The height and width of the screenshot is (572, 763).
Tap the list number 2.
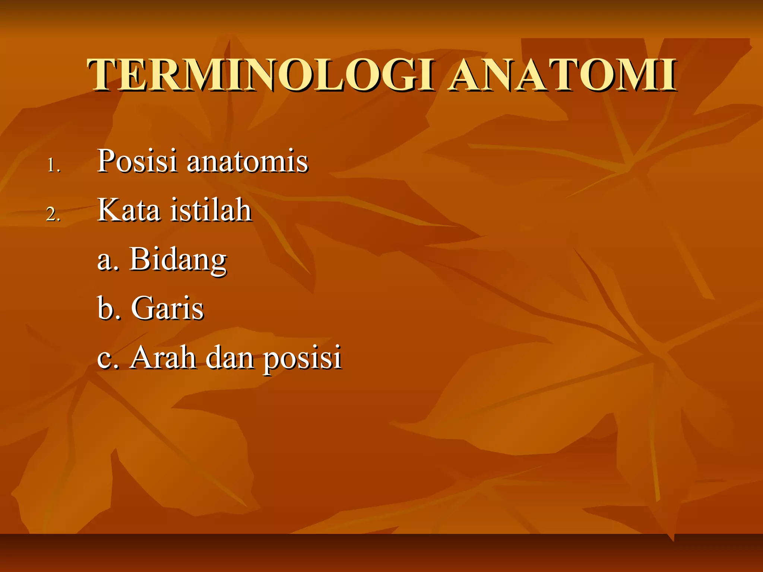click(53, 214)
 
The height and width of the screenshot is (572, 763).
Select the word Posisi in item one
click(137, 161)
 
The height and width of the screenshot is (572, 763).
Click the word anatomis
click(247, 162)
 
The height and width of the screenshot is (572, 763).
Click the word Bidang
click(178, 260)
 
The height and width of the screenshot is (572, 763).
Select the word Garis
click(167, 308)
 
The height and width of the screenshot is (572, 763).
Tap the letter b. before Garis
click(108, 308)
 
